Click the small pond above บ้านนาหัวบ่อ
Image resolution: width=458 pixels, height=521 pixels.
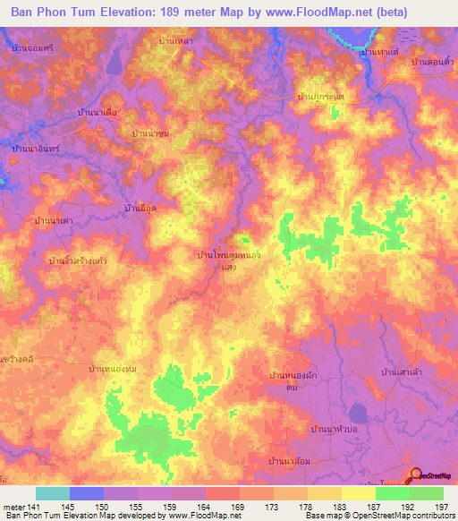tap(357, 413)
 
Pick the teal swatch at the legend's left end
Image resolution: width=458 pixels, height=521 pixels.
tap(52, 493)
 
